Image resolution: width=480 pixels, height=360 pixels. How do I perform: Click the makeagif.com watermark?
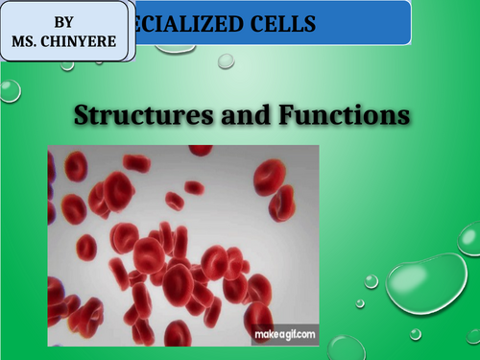click(284, 335)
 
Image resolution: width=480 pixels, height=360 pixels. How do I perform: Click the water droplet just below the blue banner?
click(226, 60)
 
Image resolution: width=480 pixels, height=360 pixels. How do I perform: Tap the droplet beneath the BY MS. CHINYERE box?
click(10, 90)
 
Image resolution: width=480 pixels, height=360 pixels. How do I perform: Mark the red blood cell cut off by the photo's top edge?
click(201, 150)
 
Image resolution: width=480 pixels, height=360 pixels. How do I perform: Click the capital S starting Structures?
click(84, 116)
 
